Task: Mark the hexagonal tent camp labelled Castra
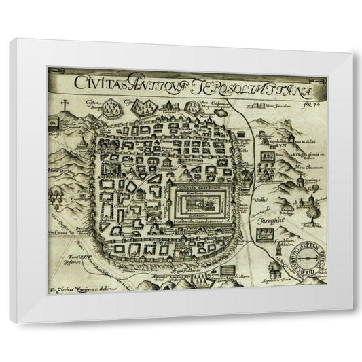(144, 107)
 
